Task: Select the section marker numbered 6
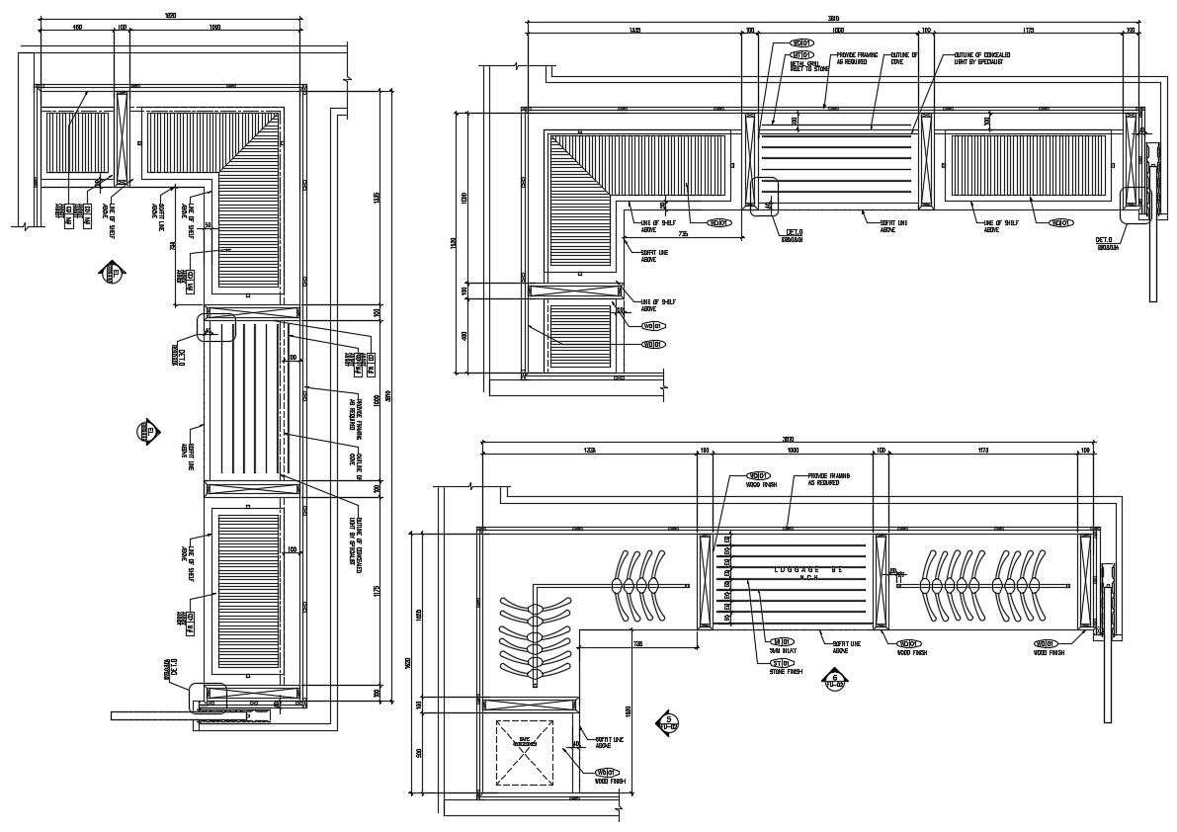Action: [836, 681]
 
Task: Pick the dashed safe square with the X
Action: [524, 750]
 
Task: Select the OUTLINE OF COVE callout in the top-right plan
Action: [904, 58]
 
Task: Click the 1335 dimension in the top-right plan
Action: [634, 31]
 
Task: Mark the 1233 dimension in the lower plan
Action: [589, 451]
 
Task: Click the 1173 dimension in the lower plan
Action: [983, 451]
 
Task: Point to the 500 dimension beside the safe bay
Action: [418, 753]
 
